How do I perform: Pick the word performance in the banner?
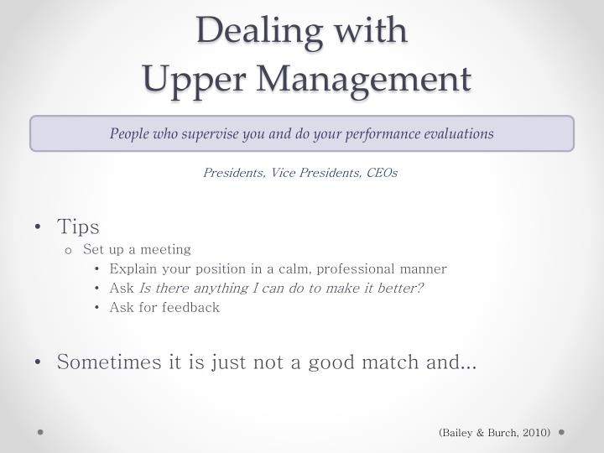tap(375, 133)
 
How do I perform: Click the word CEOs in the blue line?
tap(379, 173)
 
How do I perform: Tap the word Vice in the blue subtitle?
tap(284, 173)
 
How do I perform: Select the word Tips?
tap(78, 227)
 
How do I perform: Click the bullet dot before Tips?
tap(39, 227)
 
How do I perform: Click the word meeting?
tap(167, 249)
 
